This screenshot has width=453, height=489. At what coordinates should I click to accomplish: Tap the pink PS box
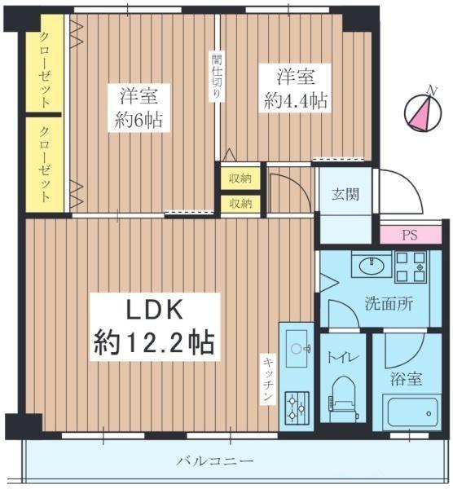pyautogui.click(x=411, y=234)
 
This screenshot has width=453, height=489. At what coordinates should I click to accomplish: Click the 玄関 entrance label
pyautogui.click(x=343, y=196)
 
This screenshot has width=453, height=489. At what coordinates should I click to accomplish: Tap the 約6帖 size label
pyautogui.click(x=138, y=121)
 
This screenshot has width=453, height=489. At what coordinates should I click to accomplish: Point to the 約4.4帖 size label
pyautogui.click(x=296, y=100)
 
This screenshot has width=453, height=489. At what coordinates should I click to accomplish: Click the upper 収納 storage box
pyautogui.click(x=240, y=177)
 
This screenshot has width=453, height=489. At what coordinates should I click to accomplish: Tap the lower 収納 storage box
pyautogui.click(x=240, y=203)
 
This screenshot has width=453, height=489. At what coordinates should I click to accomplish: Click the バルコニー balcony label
pyautogui.click(x=215, y=461)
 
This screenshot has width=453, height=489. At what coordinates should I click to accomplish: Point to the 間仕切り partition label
pyautogui.click(x=214, y=76)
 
